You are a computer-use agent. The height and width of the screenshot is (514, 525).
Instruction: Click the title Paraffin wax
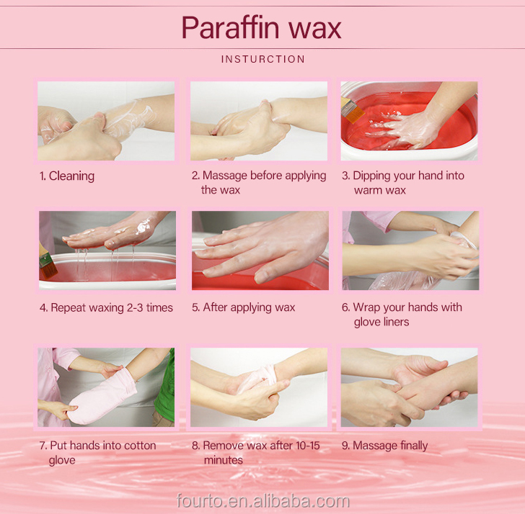pyautogui.click(x=262, y=28)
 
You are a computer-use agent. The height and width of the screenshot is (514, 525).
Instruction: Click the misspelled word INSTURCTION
pyautogui.click(x=262, y=59)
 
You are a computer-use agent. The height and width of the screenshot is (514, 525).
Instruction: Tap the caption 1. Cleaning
pyautogui.click(x=66, y=176)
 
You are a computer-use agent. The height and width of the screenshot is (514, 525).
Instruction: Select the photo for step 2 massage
pyautogui.click(x=259, y=121)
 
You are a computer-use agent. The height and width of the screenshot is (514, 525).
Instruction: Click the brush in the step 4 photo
pyautogui.click(x=47, y=264)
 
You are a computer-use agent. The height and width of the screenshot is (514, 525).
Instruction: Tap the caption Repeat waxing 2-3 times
pyautogui.click(x=112, y=307)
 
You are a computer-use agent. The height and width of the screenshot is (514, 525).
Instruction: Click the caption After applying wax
pyautogui.click(x=249, y=307)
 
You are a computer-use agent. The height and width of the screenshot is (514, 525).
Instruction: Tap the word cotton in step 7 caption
pyautogui.click(x=140, y=446)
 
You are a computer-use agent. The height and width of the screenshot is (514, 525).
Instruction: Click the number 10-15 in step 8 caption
pyautogui.click(x=308, y=446)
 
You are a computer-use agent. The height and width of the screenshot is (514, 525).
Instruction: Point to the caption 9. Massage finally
pyautogui.click(x=384, y=446)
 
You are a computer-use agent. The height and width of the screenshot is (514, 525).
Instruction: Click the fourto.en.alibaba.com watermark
pyautogui.click(x=262, y=501)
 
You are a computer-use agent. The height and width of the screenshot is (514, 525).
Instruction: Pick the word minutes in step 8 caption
pyautogui.click(x=224, y=460)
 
